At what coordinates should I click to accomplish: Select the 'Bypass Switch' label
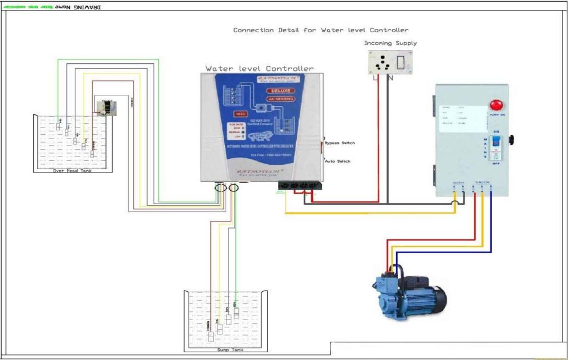[x=339, y=143]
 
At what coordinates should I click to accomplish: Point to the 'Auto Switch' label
[x=338, y=161]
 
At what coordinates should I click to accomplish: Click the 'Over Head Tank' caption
[x=73, y=171]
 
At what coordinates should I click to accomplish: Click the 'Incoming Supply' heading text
[x=390, y=43]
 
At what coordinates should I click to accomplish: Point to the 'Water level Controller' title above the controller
[x=259, y=69]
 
